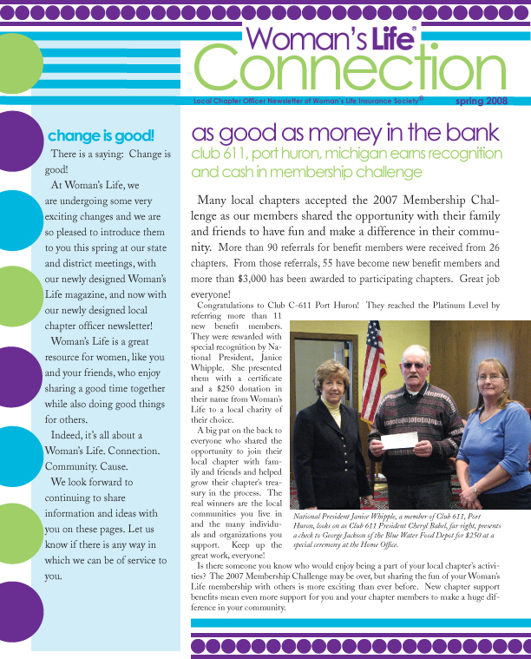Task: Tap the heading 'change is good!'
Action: [101, 135]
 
